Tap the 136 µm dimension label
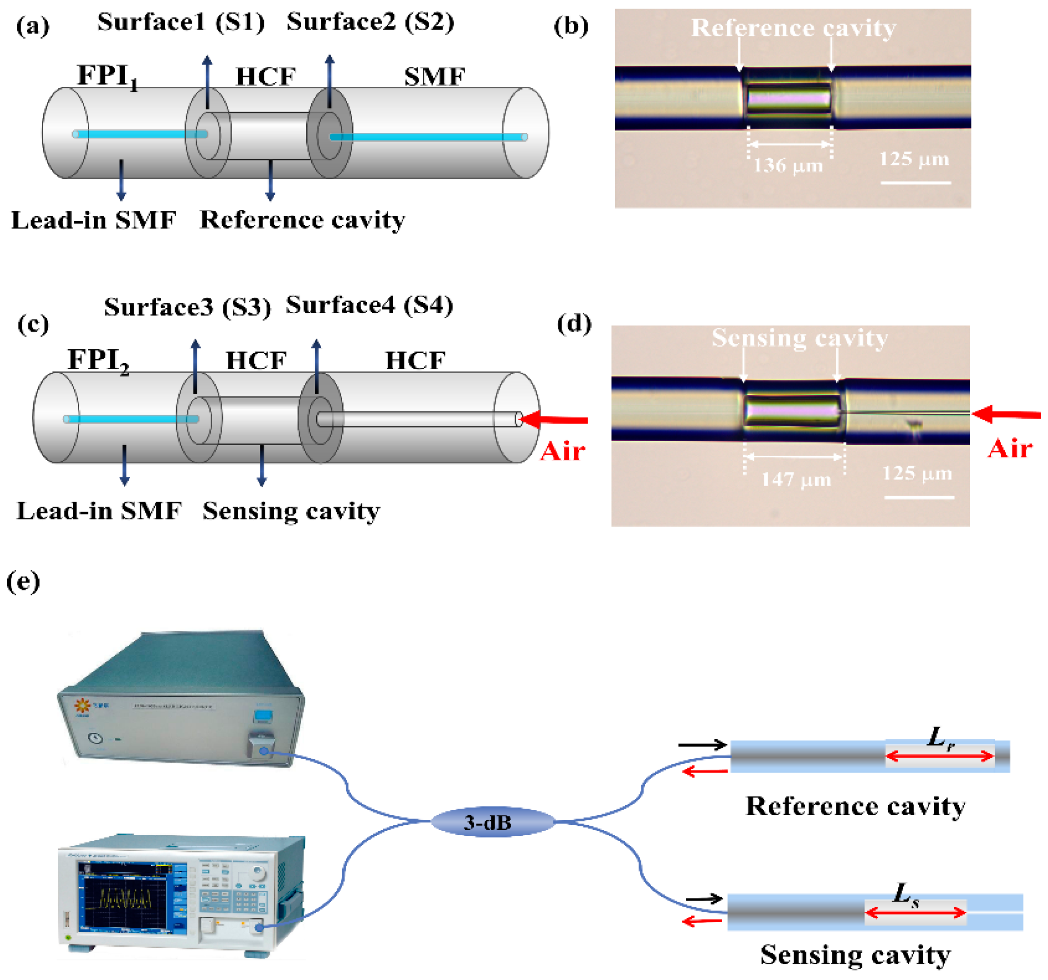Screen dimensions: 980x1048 tap(788, 166)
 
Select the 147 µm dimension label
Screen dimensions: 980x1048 tap(796, 479)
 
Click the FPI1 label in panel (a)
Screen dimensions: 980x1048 tap(108, 76)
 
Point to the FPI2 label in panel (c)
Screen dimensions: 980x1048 tap(99, 361)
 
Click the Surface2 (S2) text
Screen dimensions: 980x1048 tap(370, 22)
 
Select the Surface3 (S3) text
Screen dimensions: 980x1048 tap(187, 307)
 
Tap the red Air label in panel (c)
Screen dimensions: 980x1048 tap(562, 451)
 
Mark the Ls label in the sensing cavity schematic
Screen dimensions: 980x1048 tap(906, 894)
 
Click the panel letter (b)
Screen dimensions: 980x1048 tap(571, 26)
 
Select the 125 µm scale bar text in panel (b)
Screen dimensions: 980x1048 tap(914, 159)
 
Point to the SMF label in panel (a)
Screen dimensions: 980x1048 tap(435, 77)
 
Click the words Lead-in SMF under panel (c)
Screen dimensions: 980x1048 tap(99, 510)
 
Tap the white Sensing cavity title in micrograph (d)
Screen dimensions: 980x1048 tap(800, 337)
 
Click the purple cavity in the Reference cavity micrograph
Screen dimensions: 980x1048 tap(788, 98)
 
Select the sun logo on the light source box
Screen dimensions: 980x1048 tap(82, 706)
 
